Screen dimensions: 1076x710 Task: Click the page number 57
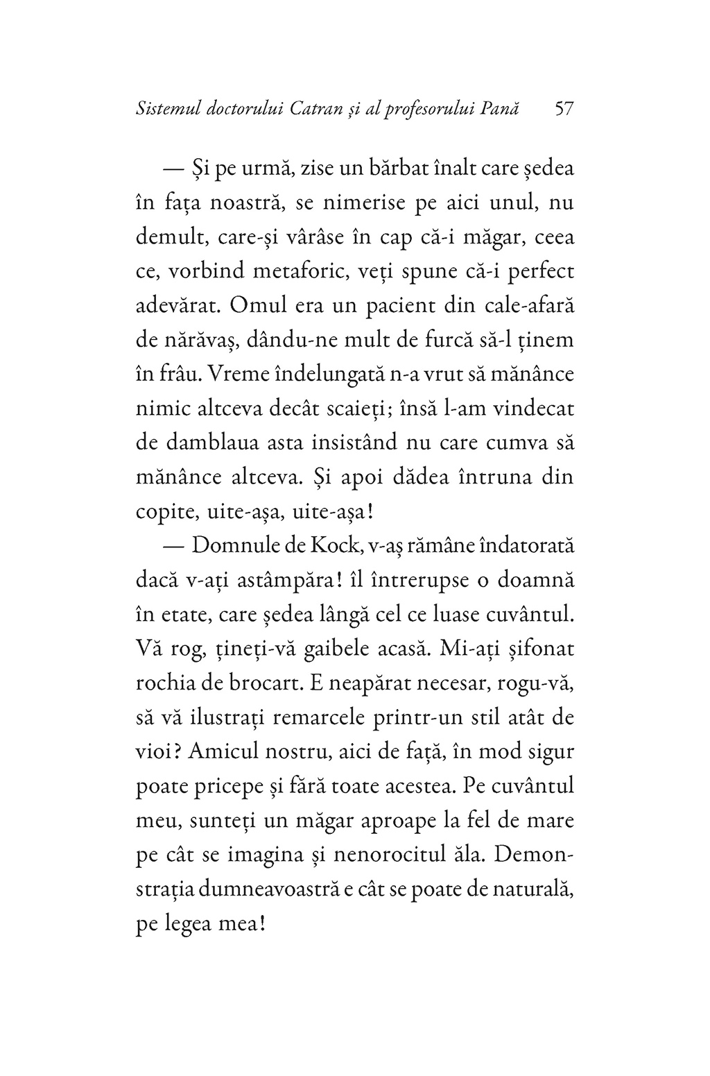point(562,109)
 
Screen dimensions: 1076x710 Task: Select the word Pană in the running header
point(502,109)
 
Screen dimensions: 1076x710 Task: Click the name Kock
point(328,546)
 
